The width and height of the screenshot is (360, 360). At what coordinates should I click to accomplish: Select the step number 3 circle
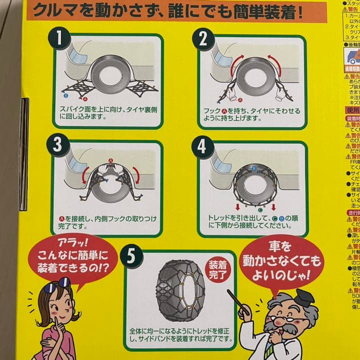tap(60, 145)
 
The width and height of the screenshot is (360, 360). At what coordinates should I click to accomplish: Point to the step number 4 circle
tap(202, 146)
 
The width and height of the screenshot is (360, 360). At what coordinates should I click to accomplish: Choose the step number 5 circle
tap(131, 256)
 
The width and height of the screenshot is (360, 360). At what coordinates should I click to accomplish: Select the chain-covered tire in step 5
tap(180, 290)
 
